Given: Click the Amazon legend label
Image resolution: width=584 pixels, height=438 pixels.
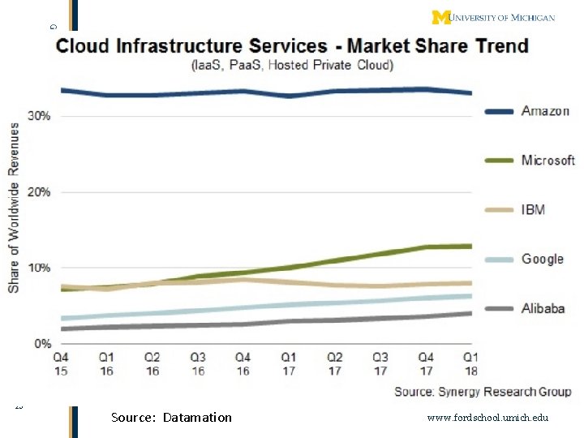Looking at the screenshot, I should (545, 111).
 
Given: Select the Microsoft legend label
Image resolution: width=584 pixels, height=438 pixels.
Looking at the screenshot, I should (548, 161).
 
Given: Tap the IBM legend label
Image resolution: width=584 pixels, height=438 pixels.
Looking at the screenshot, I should (533, 210).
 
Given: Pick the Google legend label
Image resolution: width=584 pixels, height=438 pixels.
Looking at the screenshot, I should (542, 259).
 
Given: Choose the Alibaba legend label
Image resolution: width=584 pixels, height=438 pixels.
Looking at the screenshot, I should (543, 308).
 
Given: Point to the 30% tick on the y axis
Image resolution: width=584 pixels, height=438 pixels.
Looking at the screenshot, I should (40, 116).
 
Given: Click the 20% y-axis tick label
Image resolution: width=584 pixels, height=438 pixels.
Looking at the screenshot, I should (40, 192).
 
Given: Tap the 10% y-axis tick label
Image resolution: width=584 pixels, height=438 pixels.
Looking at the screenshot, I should (40, 268).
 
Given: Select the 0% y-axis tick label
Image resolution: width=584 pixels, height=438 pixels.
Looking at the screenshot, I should (43, 344).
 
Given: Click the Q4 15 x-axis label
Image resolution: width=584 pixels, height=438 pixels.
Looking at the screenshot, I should (61, 363).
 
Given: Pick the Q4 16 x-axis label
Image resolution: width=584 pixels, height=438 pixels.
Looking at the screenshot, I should (243, 363).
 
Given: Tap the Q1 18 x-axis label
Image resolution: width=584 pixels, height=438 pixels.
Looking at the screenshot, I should (470, 363).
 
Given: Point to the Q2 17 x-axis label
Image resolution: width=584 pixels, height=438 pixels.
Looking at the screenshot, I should (333, 363).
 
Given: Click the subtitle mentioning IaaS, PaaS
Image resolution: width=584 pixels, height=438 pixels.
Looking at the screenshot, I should (292, 65).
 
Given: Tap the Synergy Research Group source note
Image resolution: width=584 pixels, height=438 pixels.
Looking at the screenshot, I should (483, 392).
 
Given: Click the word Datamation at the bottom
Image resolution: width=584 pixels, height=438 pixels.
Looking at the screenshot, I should (197, 418).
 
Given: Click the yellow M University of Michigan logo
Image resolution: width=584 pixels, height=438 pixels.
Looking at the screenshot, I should (441, 17).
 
